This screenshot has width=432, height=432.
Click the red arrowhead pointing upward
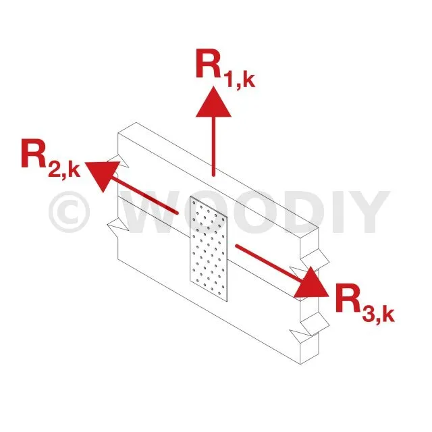point(213,104)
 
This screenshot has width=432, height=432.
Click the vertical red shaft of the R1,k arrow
point(213,145)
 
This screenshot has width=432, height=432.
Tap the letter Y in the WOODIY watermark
point(365,212)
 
